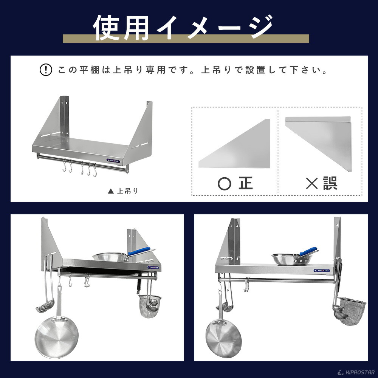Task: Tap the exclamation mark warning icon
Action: pos(46,70)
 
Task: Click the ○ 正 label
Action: pos(235,183)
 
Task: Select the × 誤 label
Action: pos(321,183)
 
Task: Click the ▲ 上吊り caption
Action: pos(123,191)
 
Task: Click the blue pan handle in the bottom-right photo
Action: pos(308,251)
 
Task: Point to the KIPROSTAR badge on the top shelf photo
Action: pos(113,161)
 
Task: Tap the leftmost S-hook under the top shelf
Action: pos(65,167)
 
